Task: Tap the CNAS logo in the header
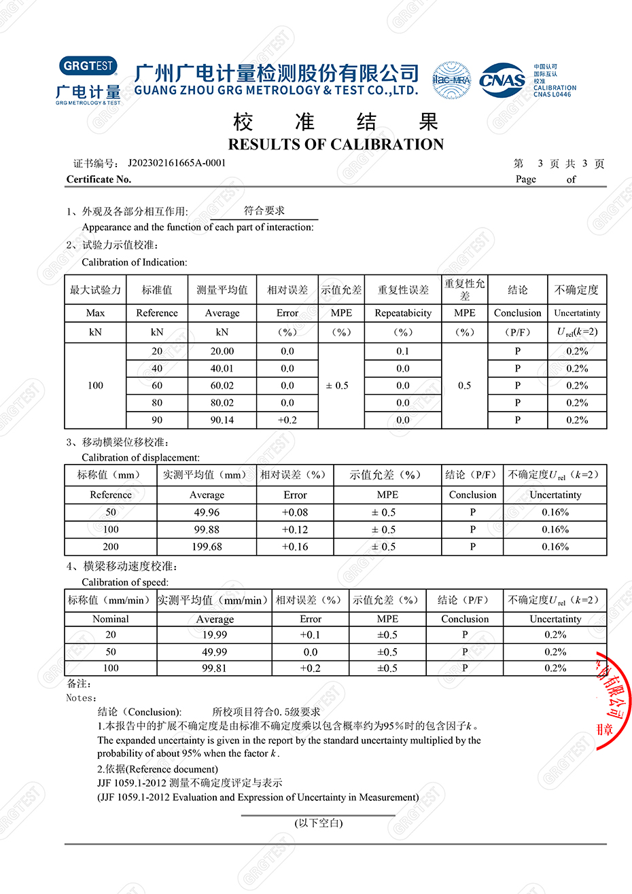pos(502,81)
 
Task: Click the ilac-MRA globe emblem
pos(451,80)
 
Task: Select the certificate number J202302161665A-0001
pos(177,163)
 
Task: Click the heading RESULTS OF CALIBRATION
pos(336,144)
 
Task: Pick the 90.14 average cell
pos(222,420)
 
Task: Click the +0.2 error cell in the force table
pos(287,420)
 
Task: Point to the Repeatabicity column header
pos(403,313)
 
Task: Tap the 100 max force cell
pos(96,385)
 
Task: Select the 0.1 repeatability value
pos(403,351)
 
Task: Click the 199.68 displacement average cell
pos(207,547)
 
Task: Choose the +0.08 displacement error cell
pos(295,512)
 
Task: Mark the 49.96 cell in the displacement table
pos(207,512)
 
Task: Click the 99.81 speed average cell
pos(215,668)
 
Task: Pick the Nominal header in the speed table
pos(111,619)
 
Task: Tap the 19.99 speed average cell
pos(215,634)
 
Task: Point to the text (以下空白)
pos(319,823)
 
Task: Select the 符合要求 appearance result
pos(264,211)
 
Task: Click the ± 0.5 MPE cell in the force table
pos(337,385)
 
